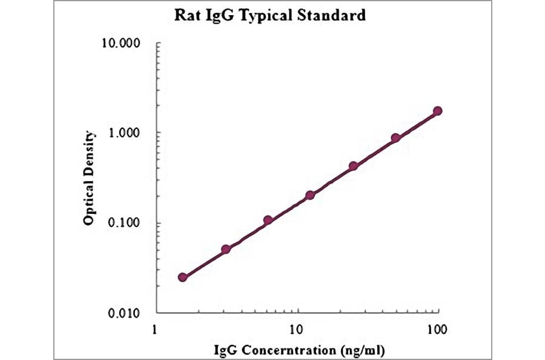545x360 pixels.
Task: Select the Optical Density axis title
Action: click(x=89, y=178)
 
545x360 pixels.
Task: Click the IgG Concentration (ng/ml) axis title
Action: click(x=299, y=350)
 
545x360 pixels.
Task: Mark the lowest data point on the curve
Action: click(x=183, y=277)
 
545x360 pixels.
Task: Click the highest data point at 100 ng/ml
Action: click(x=437, y=111)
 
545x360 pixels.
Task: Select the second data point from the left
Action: click(x=226, y=249)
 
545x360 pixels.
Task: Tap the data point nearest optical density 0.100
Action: click(x=268, y=221)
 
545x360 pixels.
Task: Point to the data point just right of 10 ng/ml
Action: click(x=310, y=195)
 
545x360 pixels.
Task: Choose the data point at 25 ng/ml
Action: click(x=353, y=166)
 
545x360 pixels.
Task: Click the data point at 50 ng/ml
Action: click(x=395, y=138)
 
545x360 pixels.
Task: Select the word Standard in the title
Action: click(x=336, y=15)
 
